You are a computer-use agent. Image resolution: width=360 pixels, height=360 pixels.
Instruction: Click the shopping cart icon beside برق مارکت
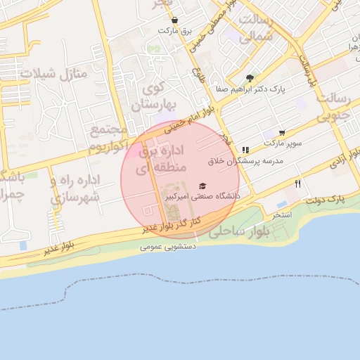click(174, 20)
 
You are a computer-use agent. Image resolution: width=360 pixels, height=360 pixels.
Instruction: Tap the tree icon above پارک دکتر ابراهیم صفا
click(251, 78)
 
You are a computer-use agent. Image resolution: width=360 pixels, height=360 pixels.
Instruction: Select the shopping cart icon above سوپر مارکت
click(282, 132)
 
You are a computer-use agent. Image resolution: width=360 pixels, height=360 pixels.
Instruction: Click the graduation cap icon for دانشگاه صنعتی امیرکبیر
click(202, 186)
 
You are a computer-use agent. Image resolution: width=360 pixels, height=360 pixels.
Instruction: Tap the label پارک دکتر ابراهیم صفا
click(250, 90)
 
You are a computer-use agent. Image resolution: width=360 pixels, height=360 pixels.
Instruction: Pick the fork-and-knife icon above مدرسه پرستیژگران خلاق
click(245, 150)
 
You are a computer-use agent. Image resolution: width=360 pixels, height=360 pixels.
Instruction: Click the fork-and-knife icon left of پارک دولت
click(298, 184)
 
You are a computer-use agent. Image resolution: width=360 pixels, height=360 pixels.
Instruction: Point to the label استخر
click(282, 214)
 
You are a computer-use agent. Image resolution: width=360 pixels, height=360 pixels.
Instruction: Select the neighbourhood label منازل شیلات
click(53, 72)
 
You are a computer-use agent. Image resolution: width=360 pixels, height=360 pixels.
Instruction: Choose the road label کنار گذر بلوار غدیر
click(172, 225)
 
